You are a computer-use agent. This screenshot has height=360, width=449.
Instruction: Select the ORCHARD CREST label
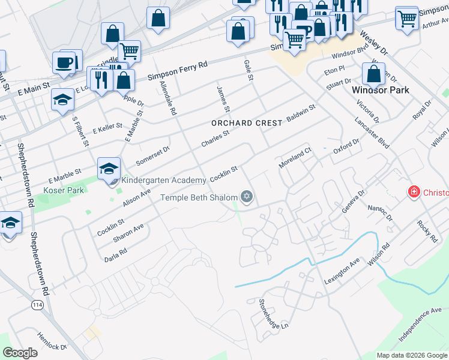click(247, 123)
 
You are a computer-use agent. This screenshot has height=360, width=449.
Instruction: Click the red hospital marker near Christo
click(414, 193)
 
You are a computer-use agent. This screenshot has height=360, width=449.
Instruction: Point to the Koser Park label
click(64, 190)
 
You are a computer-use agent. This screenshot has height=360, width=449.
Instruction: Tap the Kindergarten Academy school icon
click(109, 169)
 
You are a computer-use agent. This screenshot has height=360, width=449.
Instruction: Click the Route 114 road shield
click(37, 305)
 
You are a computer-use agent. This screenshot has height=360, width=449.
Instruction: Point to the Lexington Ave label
click(342, 272)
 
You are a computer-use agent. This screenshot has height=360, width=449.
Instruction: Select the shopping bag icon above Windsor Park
click(373, 74)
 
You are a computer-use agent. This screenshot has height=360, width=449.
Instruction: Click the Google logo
click(20, 353)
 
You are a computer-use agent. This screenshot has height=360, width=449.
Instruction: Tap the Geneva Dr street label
click(354, 201)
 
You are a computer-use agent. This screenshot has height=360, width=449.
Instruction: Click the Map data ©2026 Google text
click(411, 355)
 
